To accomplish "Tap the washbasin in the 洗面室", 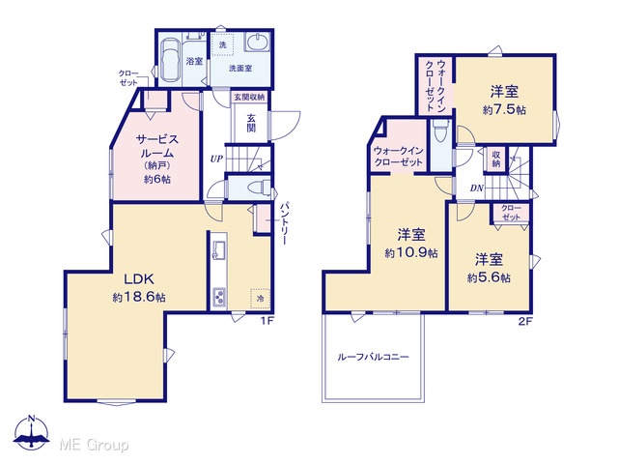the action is point(258,42).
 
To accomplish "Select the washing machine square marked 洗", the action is point(223,43).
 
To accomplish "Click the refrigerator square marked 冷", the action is point(260,299).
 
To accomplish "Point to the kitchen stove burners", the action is point(219,297).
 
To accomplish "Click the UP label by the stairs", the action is point(216,159).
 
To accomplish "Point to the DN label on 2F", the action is point(476,188).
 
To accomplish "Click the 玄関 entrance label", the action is point(251,123).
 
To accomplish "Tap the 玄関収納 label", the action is point(249,97).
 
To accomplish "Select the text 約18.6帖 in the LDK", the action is point(139,297).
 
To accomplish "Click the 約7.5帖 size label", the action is point(504,109).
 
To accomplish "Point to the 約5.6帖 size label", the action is point(489,277).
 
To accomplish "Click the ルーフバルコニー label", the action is point(374,357).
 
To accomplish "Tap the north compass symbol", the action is point(32,432).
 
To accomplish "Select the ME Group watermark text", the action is point(94,445).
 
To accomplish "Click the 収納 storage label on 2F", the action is point(495,159).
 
